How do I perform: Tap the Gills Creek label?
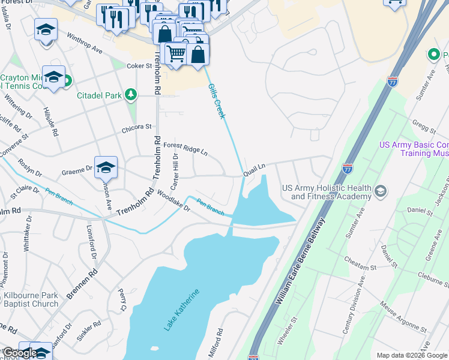(x=217, y=101)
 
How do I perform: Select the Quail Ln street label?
(x=254, y=170)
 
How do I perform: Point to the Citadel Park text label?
(x=98, y=95)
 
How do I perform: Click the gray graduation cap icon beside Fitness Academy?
(x=379, y=191)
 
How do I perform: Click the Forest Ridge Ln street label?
(x=185, y=148)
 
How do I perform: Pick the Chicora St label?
(x=137, y=127)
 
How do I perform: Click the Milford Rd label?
(x=215, y=343)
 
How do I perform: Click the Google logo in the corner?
(x=20, y=353)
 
